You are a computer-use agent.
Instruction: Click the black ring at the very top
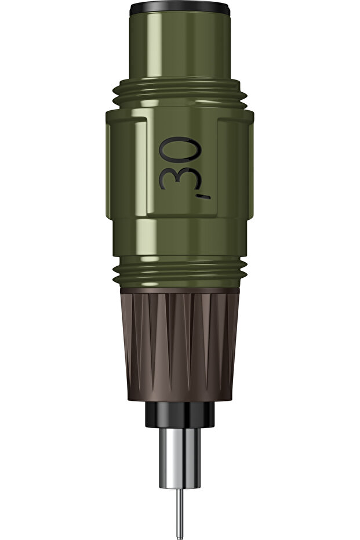pyautogui.click(x=179, y=8)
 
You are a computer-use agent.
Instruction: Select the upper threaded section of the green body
pyautogui.click(x=179, y=95)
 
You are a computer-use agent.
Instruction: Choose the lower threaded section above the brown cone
pyautogui.click(x=179, y=273)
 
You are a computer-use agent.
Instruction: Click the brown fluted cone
pyautogui.click(x=179, y=345)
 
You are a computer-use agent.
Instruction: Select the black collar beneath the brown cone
pyautogui.click(x=179, y=414)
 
